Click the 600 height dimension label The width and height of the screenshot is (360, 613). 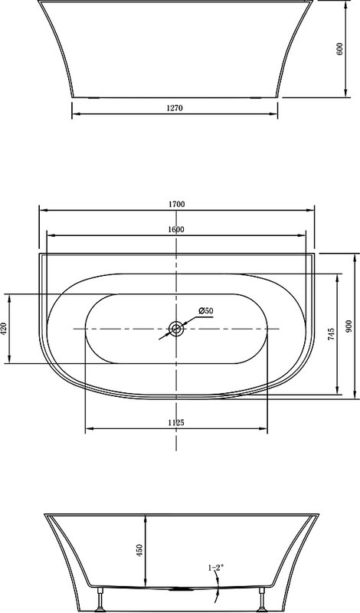339,48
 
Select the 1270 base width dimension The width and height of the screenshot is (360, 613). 175,108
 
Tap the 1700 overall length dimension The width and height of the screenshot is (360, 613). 176,204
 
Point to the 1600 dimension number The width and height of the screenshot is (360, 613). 176,229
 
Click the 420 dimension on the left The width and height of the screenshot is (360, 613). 4,329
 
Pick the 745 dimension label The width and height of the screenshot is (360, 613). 331,335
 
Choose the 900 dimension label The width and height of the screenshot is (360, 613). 349,326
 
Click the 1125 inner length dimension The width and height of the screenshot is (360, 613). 176,422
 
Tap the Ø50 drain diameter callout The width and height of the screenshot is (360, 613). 205,311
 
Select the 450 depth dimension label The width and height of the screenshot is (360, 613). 140,550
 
